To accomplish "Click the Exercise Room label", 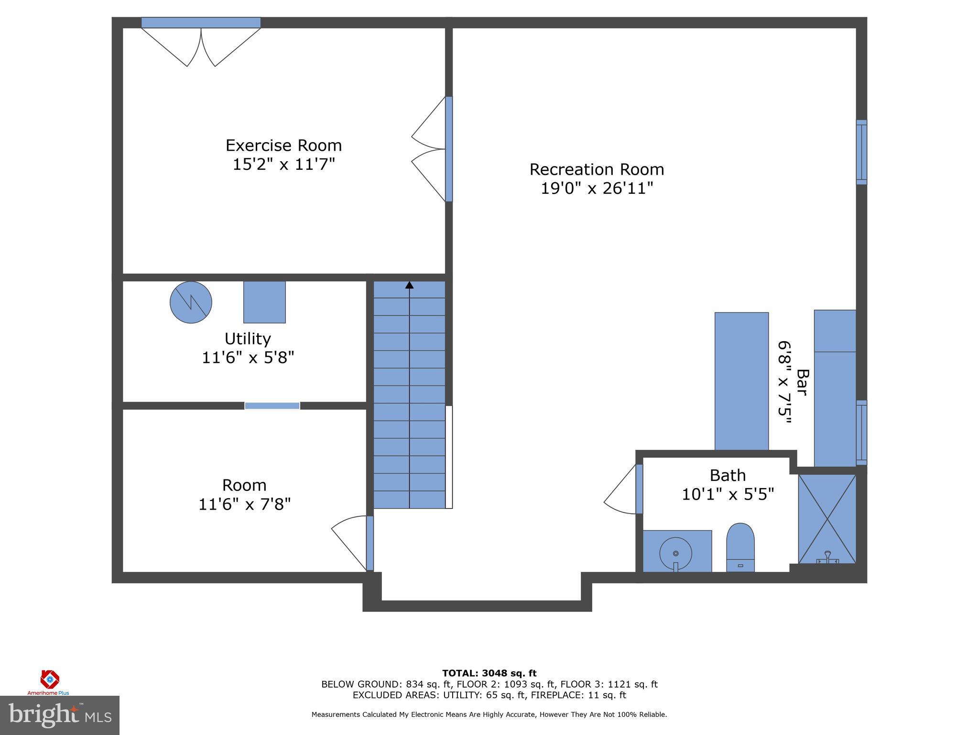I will point(283,145).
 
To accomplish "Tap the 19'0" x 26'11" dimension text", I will point(597,188).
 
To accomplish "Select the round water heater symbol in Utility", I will point(191,302).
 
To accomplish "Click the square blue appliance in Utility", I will point(264,302).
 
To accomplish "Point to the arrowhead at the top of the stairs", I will point(409,285).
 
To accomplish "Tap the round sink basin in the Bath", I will point(675,553).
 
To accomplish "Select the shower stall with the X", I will point(827,519).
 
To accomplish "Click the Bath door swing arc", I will point(619,493).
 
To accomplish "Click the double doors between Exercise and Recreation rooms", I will point(430,149).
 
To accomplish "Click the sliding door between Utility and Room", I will point(272,406).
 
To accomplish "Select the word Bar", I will point(802,382).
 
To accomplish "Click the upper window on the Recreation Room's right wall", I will point(861,152).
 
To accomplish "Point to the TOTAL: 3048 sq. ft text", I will point(489,673).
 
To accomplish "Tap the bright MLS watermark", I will point(59,715).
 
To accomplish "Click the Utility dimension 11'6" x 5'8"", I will point(248,357).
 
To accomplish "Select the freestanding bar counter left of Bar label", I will point(741,381).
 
